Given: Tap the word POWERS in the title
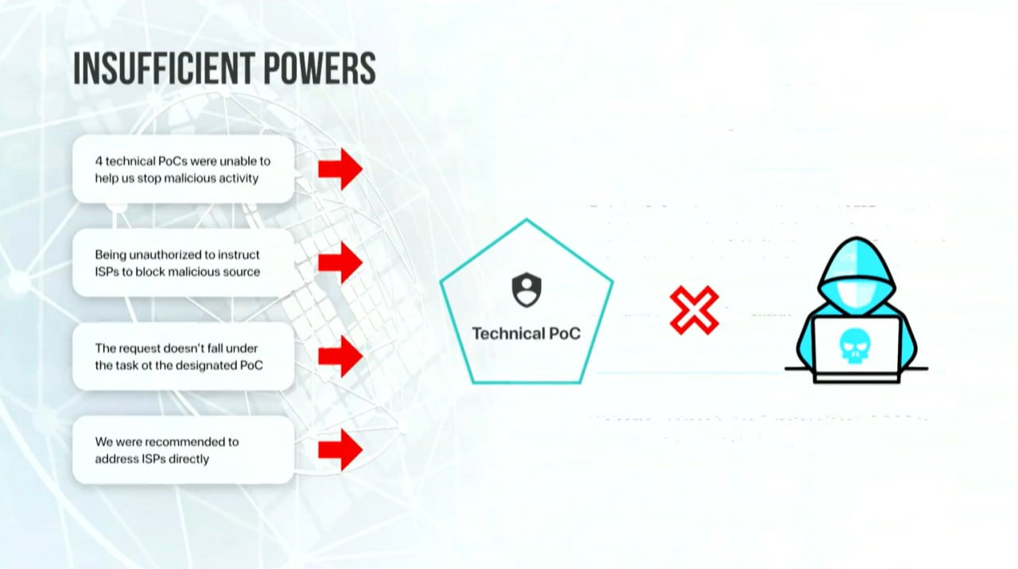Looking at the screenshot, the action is tap(320, 68).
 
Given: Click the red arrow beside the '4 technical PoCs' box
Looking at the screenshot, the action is tap(340, 169).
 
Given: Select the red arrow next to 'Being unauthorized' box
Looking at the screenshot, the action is tap(340, 262).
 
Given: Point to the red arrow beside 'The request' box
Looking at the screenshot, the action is tap(340, 357).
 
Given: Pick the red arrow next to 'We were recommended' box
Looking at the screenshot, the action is tap(340, 450).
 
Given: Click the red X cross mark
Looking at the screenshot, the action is tap(694, 310).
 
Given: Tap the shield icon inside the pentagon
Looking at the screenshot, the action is tap(526, 290).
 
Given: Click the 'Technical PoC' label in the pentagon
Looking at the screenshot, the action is tap(526, 334).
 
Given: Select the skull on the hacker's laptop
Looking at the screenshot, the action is tap(855, 346).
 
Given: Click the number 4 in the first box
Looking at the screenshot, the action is tap(99, 161).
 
